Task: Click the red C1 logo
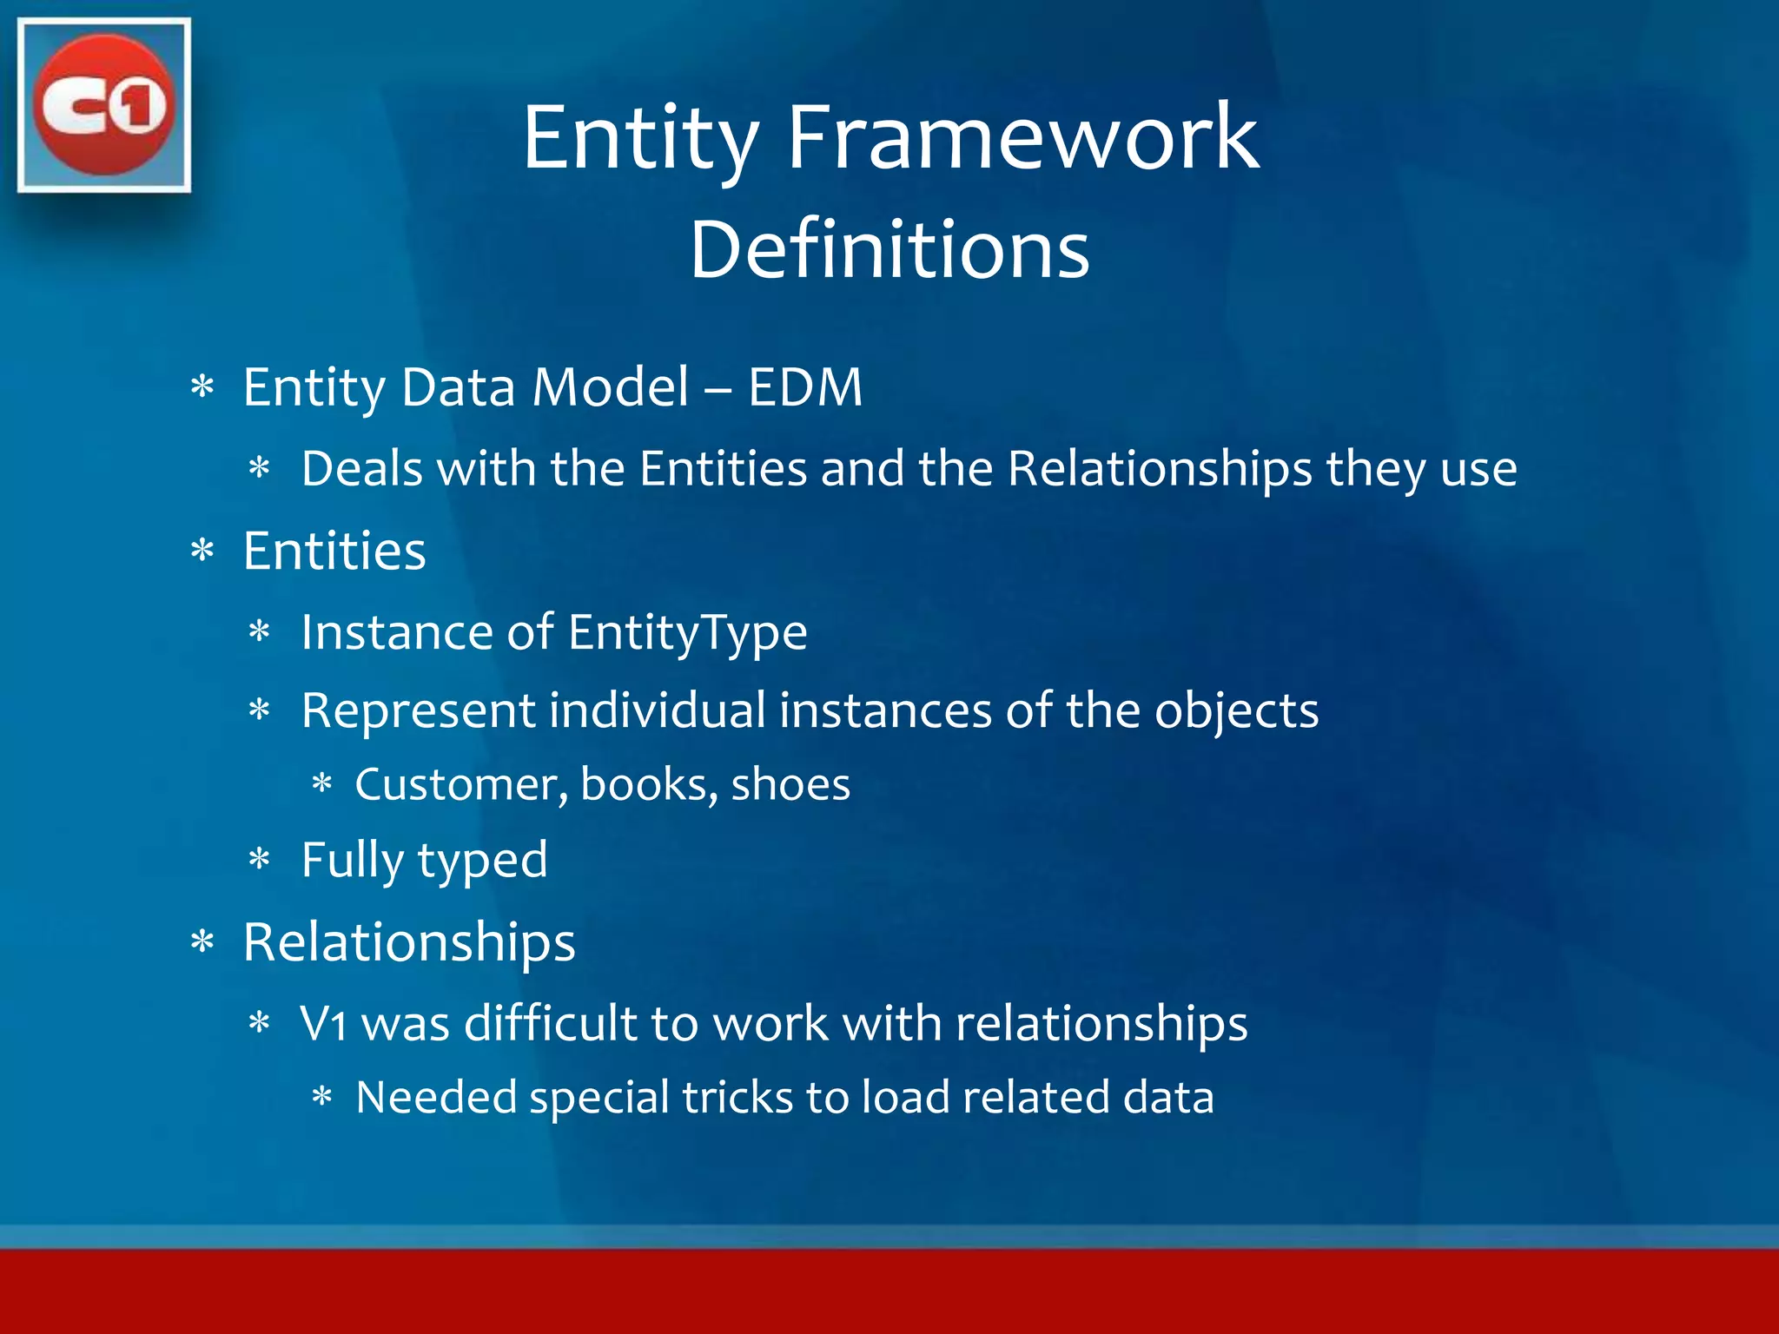103,104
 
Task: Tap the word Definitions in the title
889,249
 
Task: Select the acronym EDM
805,387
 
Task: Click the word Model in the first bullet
611,387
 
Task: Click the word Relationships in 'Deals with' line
1160,469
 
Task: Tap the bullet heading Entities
334,551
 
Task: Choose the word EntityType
688,632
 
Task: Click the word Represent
418,711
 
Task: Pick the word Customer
461,785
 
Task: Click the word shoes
790,785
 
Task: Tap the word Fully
352,861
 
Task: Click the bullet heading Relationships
409,942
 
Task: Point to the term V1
323,1024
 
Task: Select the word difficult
550,1024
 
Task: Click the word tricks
737,1098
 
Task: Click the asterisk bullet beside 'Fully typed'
260,861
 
